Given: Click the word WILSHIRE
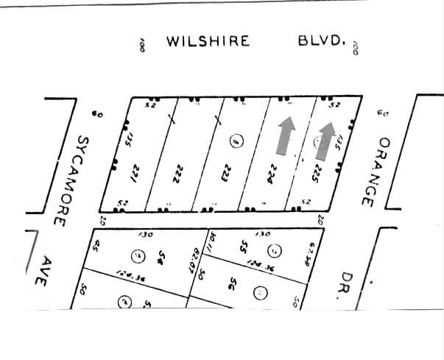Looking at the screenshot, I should pos(208,40).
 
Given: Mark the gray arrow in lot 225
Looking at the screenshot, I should pos(325,139).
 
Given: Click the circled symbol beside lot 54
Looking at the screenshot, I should pos(138,256).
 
